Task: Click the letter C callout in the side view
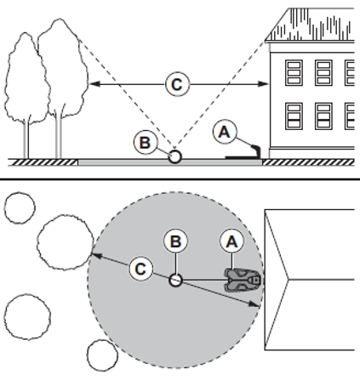point(177,84)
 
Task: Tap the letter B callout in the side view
point(145,142)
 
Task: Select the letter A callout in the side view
point(225,132)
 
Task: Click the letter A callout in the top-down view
point(232,241)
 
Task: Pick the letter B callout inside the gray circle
point(175,241)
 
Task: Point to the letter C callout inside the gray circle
point(141,269)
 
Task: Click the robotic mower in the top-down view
point(243,281)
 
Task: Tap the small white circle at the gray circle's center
point(175,281)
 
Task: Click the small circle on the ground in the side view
point(174,156)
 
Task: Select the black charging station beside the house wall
point(243,154)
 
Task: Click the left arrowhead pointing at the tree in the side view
point(94,84)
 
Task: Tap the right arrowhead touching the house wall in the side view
point(263,84)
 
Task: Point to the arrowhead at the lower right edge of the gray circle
point(254,304)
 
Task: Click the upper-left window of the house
point(294,73)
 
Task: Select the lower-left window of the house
point(294,116)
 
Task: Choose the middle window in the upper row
point(323,73)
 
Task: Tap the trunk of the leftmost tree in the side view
point(26,139)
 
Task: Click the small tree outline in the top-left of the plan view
point(20,207)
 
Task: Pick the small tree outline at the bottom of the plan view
point(102,355)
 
